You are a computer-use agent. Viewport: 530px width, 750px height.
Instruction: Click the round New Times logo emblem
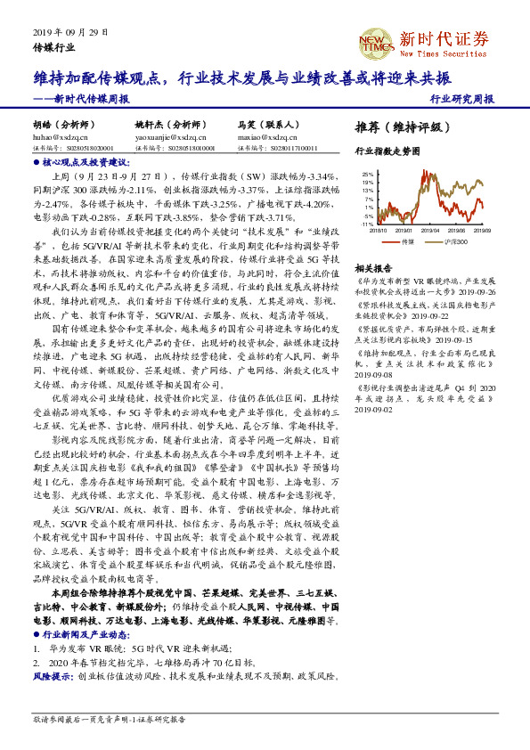[374, 42]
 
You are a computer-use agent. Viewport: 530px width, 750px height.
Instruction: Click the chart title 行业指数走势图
[387, 151]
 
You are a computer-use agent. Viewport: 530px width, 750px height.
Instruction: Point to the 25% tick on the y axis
[367, 175]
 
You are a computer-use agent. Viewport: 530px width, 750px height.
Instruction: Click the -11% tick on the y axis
[366, 224]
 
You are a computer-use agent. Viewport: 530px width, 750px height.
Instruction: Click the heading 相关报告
[373, 267]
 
